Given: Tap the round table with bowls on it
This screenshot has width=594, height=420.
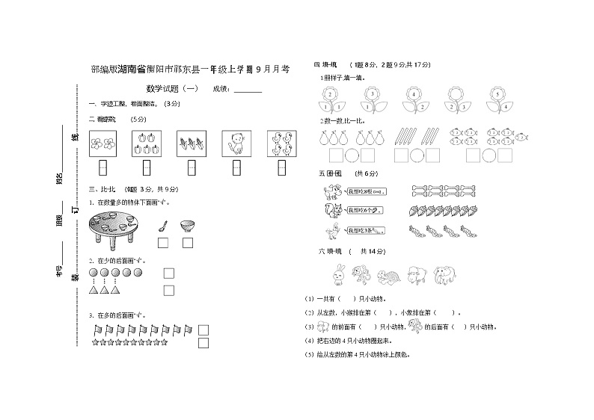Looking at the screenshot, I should [x=114, y=228].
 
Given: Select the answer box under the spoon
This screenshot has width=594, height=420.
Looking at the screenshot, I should [x=162, y=242].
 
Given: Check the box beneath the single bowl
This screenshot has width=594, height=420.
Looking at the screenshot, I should [x=187, y=242].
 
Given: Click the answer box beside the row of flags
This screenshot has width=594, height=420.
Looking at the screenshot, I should [x=203, y=330].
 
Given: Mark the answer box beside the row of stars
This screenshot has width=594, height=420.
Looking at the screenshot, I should [x=203, y=343].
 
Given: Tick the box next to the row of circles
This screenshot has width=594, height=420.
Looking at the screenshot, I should [x=169, y=274].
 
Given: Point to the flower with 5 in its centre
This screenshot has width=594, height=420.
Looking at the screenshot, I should [x=497, y=96].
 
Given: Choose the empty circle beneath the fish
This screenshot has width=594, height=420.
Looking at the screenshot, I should [x=489, y=155].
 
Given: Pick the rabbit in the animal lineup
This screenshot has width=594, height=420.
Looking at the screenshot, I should [x=339, y=276].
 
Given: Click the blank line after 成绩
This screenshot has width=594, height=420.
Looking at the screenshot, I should [x=248, y=91].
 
